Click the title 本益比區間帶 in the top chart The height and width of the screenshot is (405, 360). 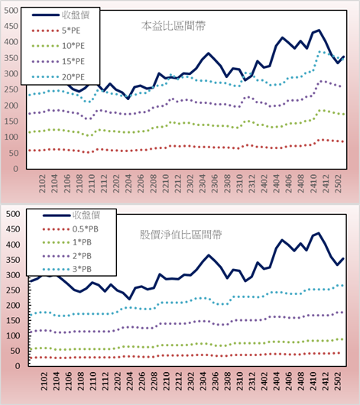coord(174,26)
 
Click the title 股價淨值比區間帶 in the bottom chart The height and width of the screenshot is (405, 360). coord(180,235)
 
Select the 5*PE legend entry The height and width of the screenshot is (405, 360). coord(71,31)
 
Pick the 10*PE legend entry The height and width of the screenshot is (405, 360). coord(73,46)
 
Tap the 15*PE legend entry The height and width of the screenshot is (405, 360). coord(73,61)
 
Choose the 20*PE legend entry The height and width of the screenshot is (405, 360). coord(73,77)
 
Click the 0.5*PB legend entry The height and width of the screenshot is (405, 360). coord(86,229)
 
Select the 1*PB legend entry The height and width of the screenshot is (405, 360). coord(83,242)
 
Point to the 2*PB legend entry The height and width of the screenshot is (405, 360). coord(83,256)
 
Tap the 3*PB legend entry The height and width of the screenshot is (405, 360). coord(83,269)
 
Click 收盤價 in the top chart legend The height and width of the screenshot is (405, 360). coord(76,15)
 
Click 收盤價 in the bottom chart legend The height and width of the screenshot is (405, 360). coord(86,215)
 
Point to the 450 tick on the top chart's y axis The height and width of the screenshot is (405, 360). coord(11,26)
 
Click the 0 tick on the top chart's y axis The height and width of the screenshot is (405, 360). coord(16,169)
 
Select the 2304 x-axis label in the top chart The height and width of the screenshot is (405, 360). coord(203,183)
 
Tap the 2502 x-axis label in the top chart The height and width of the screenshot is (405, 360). coord(338,183)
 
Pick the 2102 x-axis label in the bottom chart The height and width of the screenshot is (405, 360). coord(44,381)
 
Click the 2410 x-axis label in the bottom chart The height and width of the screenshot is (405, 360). coord(313,381)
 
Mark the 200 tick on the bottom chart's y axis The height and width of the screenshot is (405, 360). coord(13,306)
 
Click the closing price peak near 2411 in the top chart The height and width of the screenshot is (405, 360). coord(319,31)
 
